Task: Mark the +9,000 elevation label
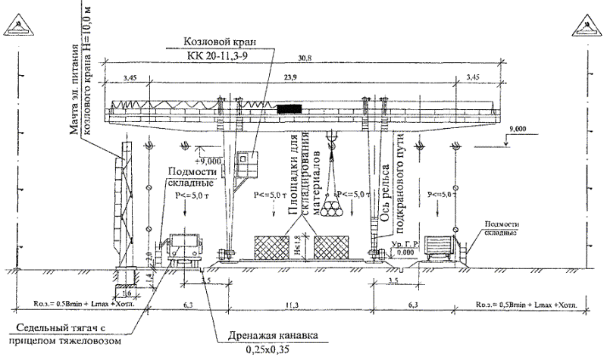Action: [x=207, y=161]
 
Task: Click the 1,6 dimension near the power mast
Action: [x=127, y=292]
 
